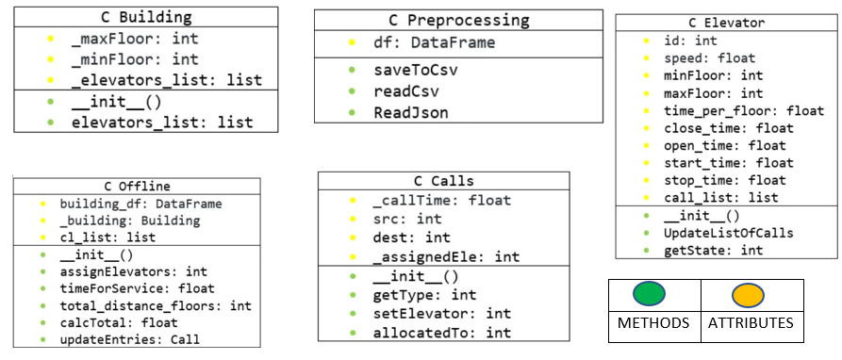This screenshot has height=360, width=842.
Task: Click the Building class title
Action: tap(145, 17)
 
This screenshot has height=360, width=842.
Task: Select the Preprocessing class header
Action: tap(458, 20)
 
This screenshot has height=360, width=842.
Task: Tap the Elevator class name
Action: tap(725, 23)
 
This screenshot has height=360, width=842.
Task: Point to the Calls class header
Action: tap(443, 181)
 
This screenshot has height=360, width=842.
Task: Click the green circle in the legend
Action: tap(652, 295)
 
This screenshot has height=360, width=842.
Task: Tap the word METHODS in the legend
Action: tap(653, 323)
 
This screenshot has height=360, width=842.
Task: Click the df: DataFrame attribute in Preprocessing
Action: tap(434, 42)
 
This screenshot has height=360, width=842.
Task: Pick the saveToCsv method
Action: tap(416, 70)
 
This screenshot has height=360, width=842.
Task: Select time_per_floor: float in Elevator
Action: tap(730, 110)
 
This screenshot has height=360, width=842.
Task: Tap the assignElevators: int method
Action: tap(133, 270)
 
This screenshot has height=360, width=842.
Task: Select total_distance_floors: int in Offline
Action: tap(155, 304)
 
